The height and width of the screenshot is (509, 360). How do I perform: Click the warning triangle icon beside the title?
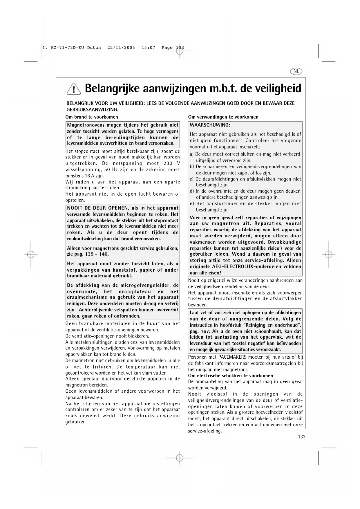[x=74, y=89]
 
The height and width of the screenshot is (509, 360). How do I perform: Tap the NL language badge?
[x=296, y=71]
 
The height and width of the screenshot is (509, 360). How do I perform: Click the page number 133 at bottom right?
[x=302, y=437]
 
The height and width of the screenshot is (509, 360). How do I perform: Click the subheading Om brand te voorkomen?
[x=92, y=117]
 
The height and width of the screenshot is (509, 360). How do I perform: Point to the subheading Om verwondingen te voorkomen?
[x=223, y=117]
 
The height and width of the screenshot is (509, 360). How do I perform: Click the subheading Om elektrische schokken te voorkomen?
[x=231, y=376]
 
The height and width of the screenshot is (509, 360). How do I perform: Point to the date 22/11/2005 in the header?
[x=121, y=48]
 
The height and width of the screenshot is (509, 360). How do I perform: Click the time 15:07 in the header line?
[x=148, y=48]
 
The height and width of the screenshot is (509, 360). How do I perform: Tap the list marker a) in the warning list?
[x=192, y=154]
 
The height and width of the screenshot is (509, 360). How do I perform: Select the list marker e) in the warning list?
[x=192, y=204]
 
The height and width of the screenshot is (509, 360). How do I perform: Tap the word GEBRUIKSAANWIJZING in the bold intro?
[x=92, y=109]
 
